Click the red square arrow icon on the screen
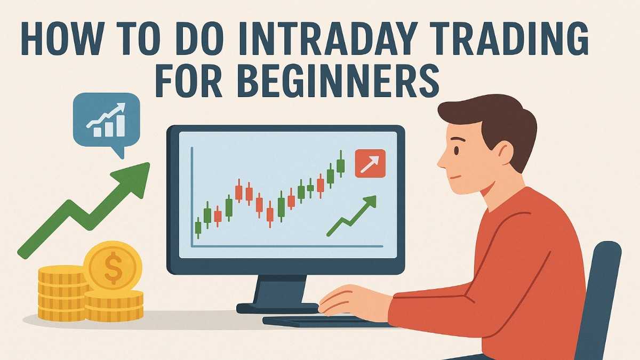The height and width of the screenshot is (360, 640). point(370,163)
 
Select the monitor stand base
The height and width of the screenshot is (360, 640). point(277,308)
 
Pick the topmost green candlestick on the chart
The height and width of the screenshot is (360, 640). point(340,165)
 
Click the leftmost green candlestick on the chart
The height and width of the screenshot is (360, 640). point(198,227)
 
